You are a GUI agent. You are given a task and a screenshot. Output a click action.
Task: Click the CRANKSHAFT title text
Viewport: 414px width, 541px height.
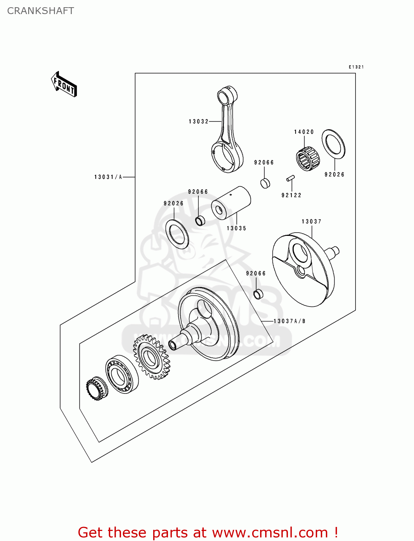pos(40,11)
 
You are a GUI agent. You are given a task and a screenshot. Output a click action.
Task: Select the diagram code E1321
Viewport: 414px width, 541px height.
pos(356,67)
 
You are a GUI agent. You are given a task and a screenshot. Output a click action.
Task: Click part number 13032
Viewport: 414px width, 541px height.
pos(199,122)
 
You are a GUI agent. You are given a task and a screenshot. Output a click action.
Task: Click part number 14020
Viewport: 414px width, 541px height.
pos(304,132)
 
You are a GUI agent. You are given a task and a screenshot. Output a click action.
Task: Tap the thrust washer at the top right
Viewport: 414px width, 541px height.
pos(333,144)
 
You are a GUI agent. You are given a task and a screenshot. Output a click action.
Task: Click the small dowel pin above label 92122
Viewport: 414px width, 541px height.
pos(290,178)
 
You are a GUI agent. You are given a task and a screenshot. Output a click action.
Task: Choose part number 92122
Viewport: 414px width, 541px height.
pos(291,195)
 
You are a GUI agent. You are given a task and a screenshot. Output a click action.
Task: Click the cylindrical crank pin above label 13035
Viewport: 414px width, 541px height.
pos(231,203)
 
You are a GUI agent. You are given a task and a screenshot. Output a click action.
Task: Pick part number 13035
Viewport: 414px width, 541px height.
pos(236,228)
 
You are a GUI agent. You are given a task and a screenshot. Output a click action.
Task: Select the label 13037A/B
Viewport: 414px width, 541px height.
pos(289,321)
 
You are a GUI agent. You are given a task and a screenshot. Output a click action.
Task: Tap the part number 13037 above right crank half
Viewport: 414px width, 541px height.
pos(311,221)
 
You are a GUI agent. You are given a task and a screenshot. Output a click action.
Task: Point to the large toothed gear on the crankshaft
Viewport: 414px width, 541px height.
pos(152,356)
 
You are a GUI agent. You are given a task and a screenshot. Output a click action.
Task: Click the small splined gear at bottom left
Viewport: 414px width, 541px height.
pos(96,388)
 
